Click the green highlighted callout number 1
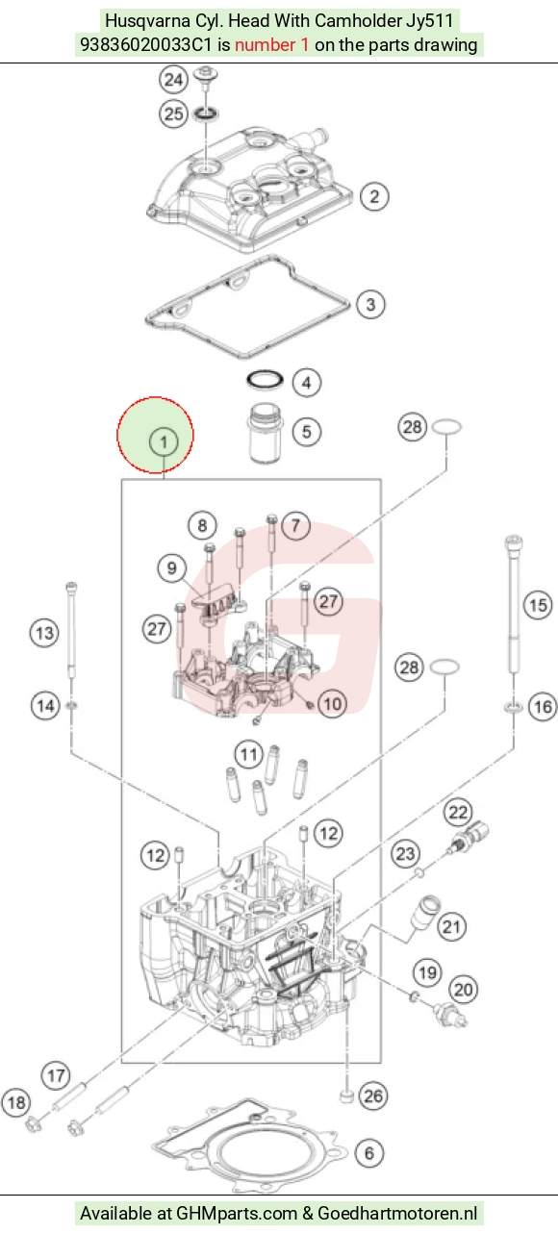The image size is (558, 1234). (x=164, y=441)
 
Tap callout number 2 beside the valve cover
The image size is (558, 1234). (x=374, y=196)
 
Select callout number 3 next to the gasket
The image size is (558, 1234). (x=370, y=305)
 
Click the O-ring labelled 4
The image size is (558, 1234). (x=265, y=380)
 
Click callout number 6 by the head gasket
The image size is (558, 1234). (x=368, y=1152)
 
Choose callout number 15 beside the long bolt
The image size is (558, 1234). (x=538, y=605)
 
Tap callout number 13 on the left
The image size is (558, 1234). (x=44, y=633)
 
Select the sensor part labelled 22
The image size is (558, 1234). (x=469, y=838)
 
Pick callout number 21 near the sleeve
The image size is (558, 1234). (x=451, y=926)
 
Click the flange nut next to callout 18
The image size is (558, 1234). (x=34, y=1123)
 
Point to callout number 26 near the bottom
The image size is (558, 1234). (x=373, y=1095)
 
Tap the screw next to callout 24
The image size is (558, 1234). (x=207, y=81)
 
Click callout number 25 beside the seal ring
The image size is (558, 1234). (x=173, y=114)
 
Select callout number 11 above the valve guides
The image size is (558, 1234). (x=248, y=754)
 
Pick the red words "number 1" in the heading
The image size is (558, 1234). (x=272, y=44)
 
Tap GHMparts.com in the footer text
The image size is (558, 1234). (x=237, y=1214)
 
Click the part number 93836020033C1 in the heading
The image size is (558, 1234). (x=146, y=44)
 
